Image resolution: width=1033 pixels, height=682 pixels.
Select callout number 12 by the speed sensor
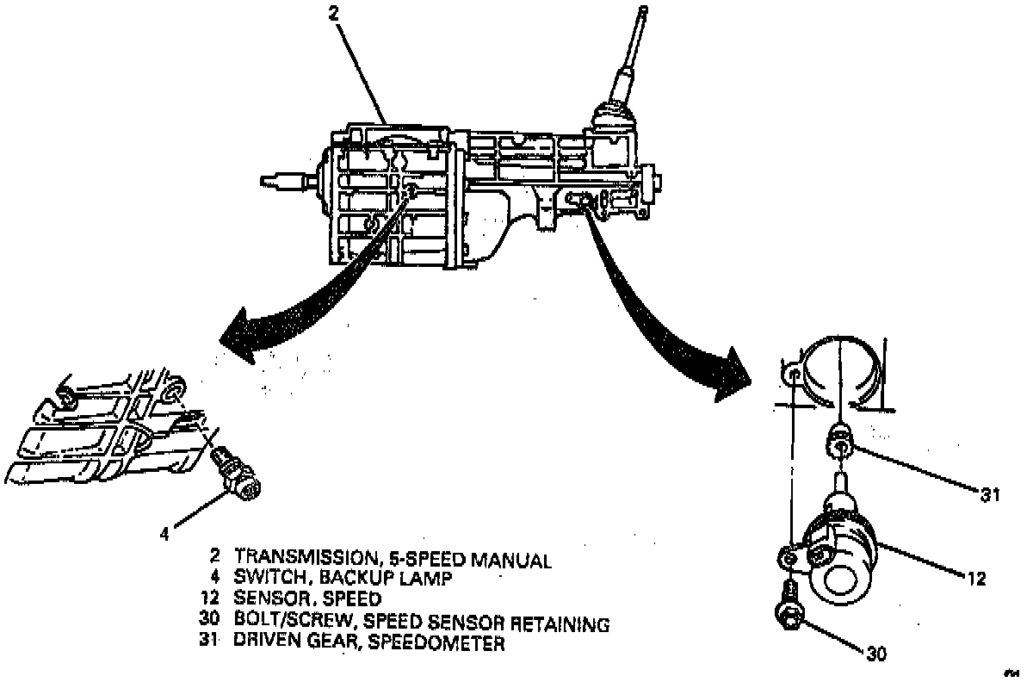tap(974, 578)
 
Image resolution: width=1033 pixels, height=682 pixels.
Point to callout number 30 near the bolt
tap(875, 654)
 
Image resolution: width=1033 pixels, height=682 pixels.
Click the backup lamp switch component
tap(236, 474)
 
